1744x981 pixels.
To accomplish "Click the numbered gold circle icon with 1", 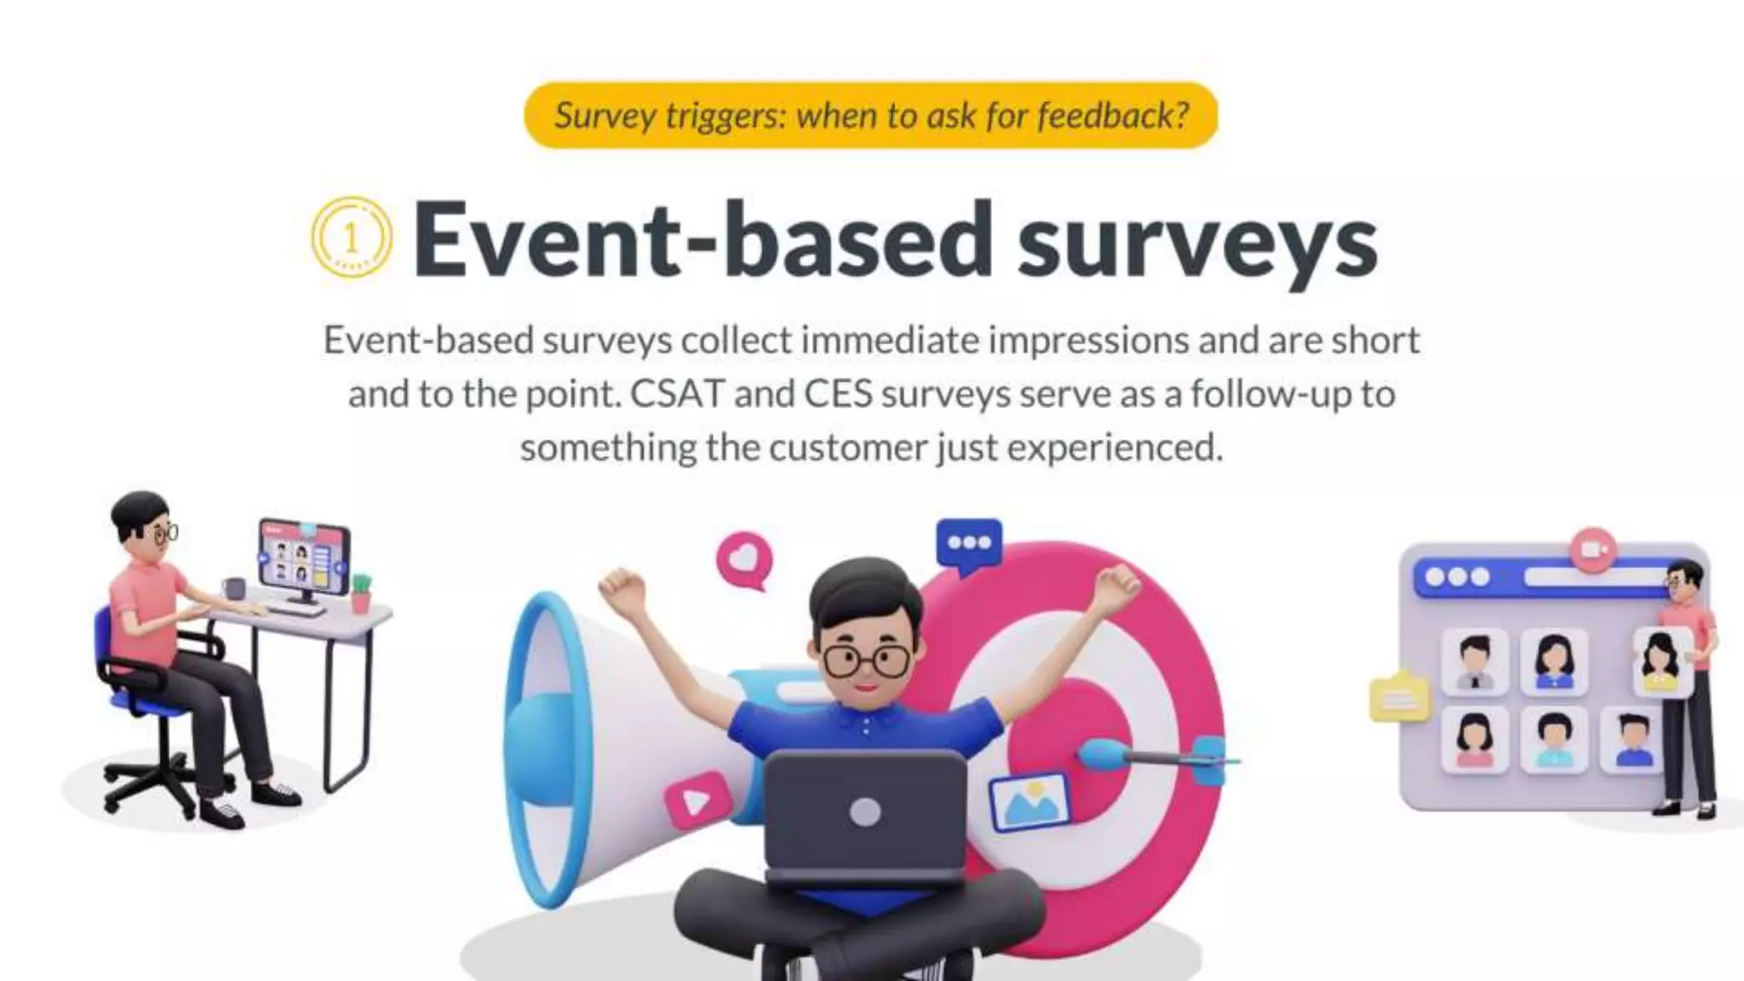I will click(352, 238).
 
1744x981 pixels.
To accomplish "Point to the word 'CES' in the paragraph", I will click(838, 394).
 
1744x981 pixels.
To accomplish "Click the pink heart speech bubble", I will click(744, 559).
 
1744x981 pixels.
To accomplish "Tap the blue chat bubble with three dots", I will click(969, 543).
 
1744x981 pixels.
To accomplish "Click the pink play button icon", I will click(697, 800).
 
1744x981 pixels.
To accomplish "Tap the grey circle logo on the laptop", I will click(864, 812).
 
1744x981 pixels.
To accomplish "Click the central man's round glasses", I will click(866, 661).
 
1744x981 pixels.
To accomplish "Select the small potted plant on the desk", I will click(361, 592).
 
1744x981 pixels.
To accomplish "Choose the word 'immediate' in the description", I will click(890, 341).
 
